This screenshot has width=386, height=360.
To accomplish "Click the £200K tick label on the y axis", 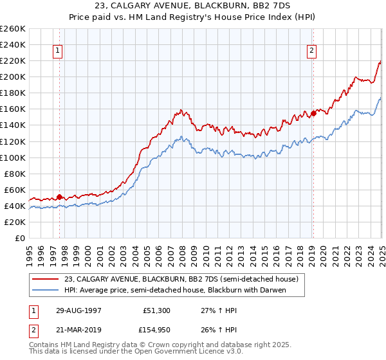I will pyautogui.click(x=13, y=76).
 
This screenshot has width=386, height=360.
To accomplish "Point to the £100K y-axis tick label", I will pyautogui.click(x=13, y=157).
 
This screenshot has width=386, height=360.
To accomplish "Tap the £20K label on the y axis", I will pyautogui.click(x=15, y=222).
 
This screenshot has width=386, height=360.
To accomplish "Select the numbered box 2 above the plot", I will pyautogui.click(x=312, y=51).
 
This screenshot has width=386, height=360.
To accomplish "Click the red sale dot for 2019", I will pyautogui.click(x=313, y=113).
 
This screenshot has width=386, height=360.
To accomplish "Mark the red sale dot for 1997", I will pyautogui.click(x=59, y=197).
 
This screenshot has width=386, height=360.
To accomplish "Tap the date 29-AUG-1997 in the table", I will pyautogui.click(x=80, y=310).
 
